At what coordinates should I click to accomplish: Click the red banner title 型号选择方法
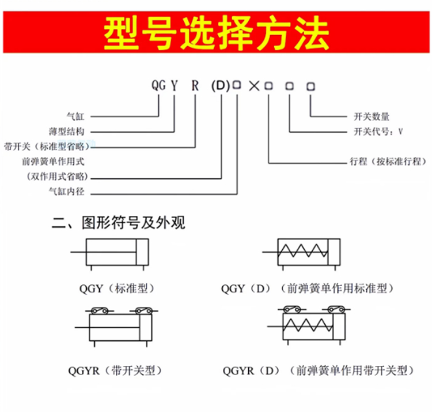click(216, 32)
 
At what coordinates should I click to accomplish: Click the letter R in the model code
click(195, 85)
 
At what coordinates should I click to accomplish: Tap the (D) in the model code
click(221, 86)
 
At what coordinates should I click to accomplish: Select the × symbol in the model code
click(254, 86)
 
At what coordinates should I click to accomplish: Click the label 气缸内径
click(66, 191)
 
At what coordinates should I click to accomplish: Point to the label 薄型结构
click(66, 132)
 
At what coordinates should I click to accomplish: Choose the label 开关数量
click(372, 117)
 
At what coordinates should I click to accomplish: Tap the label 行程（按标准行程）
click(388, 162)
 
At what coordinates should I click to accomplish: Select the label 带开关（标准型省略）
click(47, 146)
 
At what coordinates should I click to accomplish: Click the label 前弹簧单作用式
click(53, 162)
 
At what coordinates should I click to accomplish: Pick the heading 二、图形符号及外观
click(119, 223)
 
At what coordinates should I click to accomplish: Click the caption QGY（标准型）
click(117, 289)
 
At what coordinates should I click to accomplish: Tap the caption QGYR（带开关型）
click(115, 370)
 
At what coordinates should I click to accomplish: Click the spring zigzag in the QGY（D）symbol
click(303, 250)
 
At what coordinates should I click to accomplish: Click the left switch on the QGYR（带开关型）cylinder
click(100, 310)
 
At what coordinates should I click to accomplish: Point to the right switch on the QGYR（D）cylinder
click(336, 309)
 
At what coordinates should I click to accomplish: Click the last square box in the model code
click(310, 87)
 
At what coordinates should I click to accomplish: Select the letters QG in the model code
click(159, 85)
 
